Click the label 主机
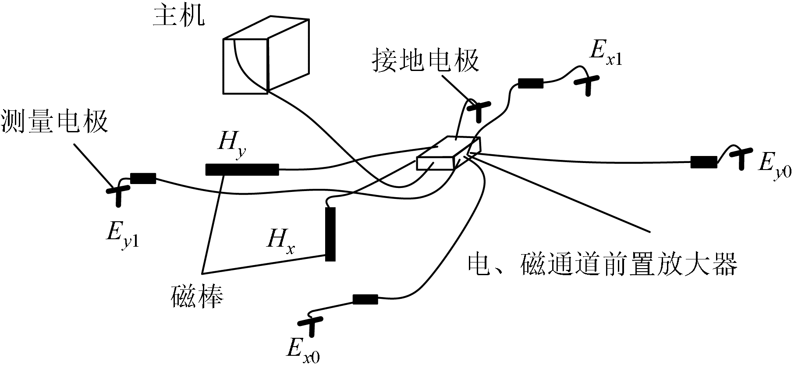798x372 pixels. (x=179, y=16)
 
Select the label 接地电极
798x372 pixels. (x=426, y=60)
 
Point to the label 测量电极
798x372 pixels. (x=55, y=121)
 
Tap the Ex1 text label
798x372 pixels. (x=605, y=53)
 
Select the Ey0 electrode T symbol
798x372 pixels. (x=741, y=158)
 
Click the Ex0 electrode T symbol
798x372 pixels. (x=312, y=326)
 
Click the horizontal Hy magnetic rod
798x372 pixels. (x=242, y=170)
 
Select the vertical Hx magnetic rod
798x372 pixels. (x=330, y=234)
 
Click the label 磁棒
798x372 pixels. (x=197, y=296)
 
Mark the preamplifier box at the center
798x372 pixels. (x=448, y=153)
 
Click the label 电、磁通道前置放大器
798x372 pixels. (x=603, y=264)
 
